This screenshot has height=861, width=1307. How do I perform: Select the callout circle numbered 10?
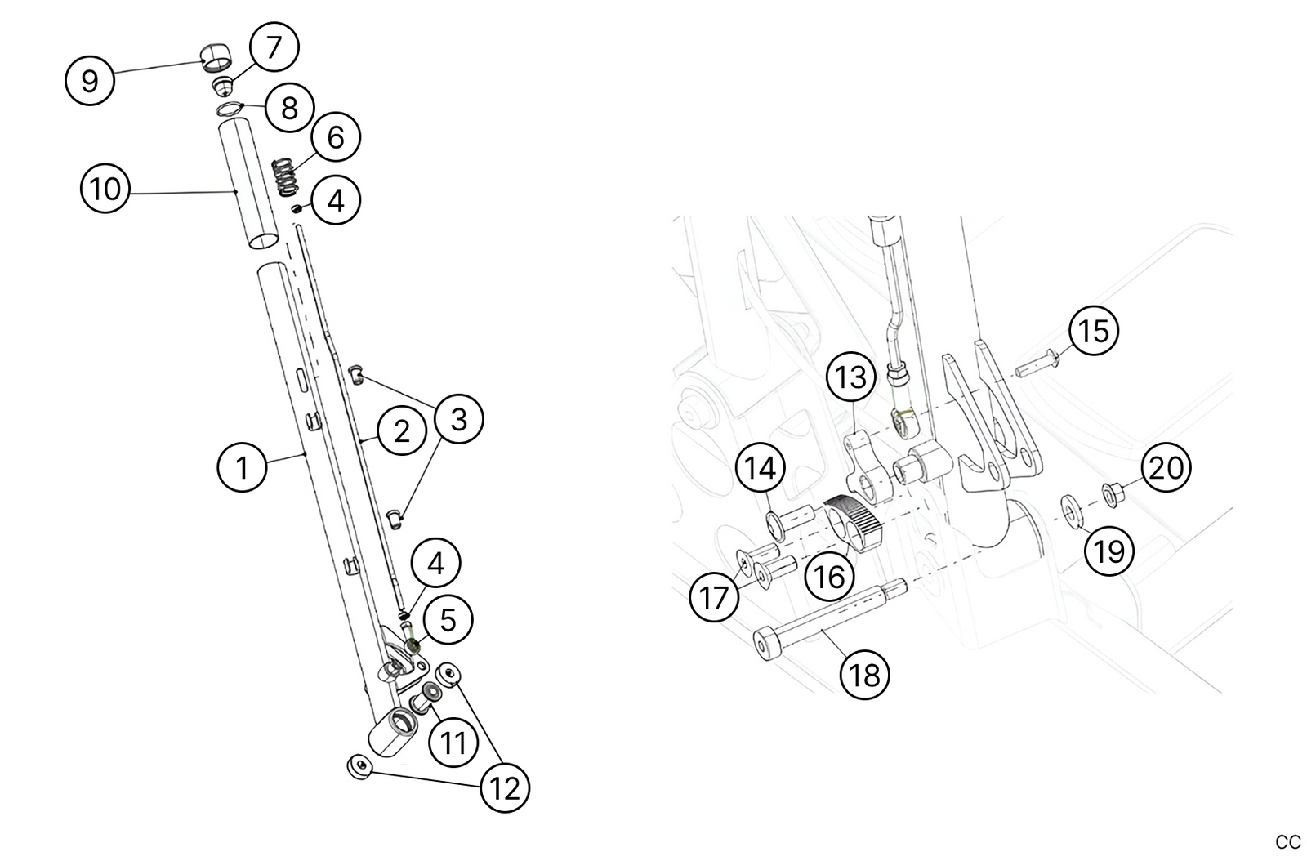(105, 189)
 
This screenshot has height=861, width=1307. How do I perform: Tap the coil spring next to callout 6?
(283, 176)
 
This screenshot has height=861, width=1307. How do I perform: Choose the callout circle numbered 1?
(242, 467)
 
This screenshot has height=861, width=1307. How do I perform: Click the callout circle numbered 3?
(458, 419)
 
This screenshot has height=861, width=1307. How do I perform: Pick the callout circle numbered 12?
(505, 788)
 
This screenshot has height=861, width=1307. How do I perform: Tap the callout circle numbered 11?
(453, 743)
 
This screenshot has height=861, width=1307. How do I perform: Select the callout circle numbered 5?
(448, 620)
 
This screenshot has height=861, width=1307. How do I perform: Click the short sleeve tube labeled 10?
(250, 183)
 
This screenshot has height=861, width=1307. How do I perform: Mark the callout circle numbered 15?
(1094, 331)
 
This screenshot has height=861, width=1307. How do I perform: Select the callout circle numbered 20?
(1166, 467)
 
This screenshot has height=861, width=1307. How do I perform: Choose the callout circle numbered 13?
(851, 377)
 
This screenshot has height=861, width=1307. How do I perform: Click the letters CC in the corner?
(1287, 842)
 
